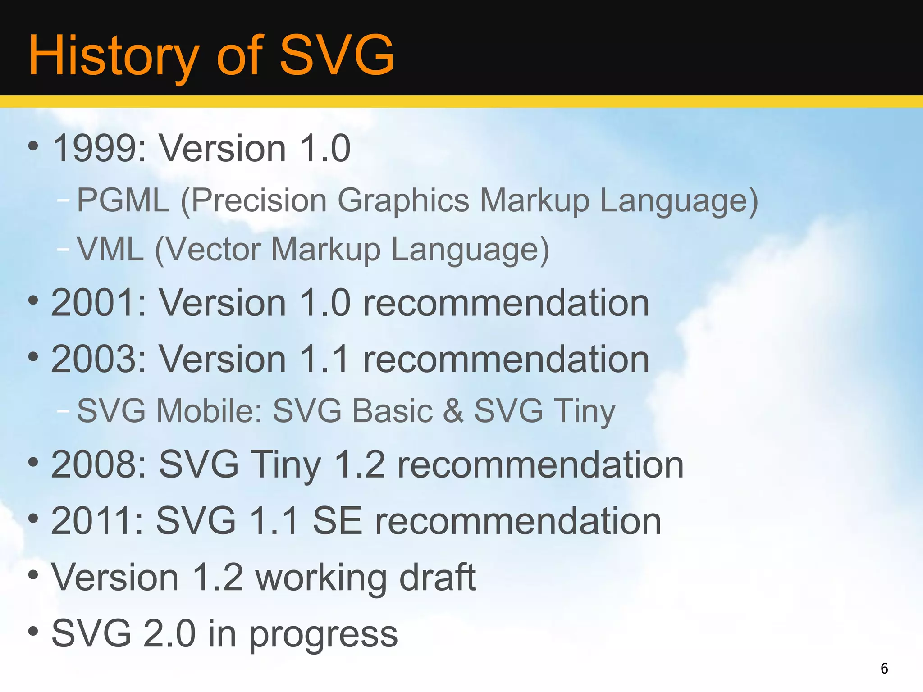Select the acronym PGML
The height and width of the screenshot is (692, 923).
pos(123,200)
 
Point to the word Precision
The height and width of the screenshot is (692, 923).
pos(259,200)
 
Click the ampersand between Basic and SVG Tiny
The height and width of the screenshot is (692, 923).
pos(453,411)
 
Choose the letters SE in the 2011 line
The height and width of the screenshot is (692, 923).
pos(337,521)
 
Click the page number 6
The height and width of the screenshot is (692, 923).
pos(884,668)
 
